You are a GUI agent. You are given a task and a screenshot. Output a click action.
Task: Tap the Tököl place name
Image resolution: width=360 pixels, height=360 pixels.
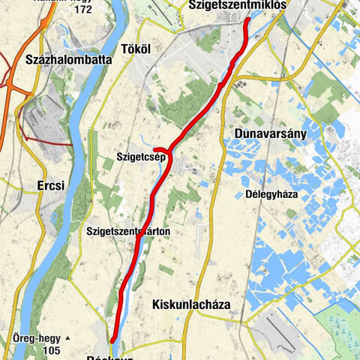[x=136, y=49]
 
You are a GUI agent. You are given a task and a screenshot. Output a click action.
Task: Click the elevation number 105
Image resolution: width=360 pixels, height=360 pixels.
[x=52, y=351]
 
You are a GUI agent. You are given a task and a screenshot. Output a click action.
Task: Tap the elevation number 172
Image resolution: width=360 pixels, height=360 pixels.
[x=82, y=10]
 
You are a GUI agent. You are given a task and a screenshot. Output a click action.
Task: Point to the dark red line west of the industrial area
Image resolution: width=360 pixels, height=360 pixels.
[x=45, y=140]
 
